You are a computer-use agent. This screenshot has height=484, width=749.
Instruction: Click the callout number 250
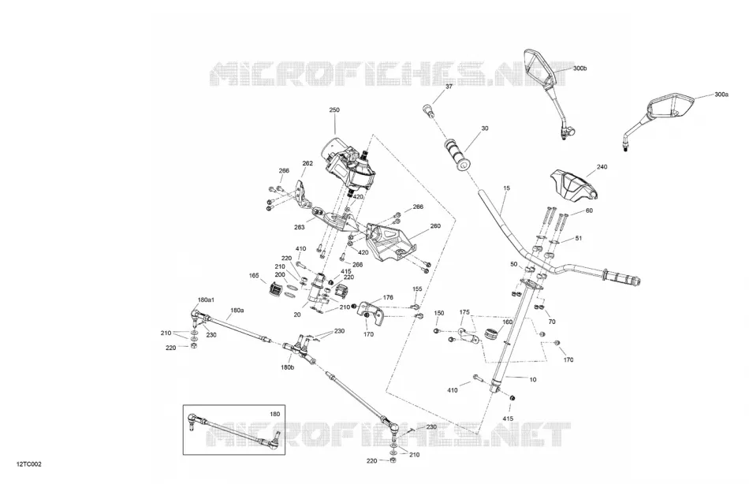334,110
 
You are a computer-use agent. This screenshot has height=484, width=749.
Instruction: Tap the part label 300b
579,69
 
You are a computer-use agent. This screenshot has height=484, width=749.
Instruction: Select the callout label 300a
721,95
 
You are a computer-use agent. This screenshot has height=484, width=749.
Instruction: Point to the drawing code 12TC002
29,464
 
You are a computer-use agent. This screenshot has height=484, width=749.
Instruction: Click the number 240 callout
602,167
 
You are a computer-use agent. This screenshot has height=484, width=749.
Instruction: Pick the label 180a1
206,300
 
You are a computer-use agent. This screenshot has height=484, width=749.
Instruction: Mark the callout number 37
449,87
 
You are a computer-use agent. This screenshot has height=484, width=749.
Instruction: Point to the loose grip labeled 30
457,155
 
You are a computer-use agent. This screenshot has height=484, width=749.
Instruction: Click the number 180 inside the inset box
274,415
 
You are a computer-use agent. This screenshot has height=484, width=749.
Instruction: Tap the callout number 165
254,276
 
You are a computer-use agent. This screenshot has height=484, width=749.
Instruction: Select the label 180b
288,367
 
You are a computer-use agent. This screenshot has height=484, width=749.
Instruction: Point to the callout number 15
506,188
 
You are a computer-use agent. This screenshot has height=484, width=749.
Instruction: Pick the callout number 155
418,289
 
